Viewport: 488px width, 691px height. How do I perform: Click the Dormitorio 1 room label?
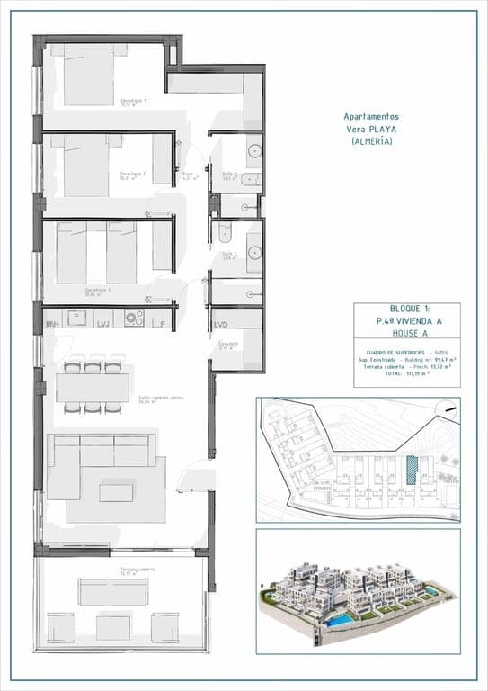(132, 102)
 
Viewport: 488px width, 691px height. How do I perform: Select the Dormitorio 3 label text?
(96, 291)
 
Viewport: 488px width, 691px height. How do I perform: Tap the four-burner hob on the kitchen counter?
(134, 318)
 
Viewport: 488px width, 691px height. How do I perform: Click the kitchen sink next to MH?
(77, 318)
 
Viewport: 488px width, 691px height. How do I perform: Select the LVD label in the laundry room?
(221, 323)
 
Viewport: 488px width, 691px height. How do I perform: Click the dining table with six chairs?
(93, 387)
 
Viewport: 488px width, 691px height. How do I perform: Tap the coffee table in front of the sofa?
(116, 492)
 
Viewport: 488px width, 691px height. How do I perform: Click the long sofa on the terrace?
(113, 592)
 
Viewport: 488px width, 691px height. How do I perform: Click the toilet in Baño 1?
(225, 232)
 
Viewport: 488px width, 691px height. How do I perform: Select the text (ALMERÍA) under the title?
(372, 142)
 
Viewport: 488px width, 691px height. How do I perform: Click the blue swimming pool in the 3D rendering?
(340, 622)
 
